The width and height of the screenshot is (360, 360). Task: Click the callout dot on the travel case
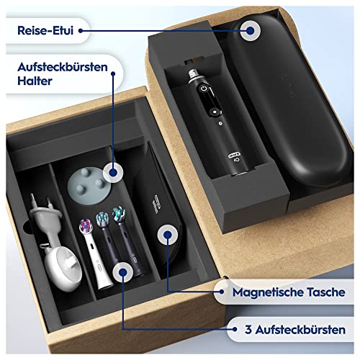[x=251, y=30]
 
